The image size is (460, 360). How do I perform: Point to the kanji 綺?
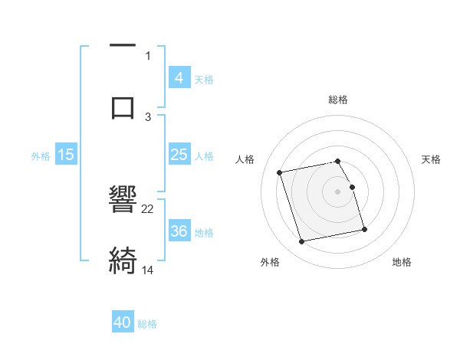click(x=123, y=260)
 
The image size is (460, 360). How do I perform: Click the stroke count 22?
click(x=148, y=208)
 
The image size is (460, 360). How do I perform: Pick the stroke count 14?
click(x=148, y=270)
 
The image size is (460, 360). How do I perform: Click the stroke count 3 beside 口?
click(x=148, y=116)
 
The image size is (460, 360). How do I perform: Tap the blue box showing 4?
click(x=179, y=78)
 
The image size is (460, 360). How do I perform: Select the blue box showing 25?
click(x=179, y=155)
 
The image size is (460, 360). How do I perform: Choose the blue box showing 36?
click(x=179, y=231)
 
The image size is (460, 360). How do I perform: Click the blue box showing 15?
click(x=65, y=155)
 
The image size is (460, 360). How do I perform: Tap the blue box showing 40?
click(x=123, y=322)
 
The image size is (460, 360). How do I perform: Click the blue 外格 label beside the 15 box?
click(x=41, y=155)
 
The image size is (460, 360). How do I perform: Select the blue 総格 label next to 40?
click(x=147, y=324)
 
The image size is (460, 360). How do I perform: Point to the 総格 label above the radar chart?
click(x=338, y=100)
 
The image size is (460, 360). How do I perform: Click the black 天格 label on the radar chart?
click(x=431, y=159)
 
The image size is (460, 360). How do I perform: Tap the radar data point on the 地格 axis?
click(x=364, y=229)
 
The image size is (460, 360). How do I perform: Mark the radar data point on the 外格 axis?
click(x=302, y=242)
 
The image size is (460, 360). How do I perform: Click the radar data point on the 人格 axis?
click(x=279, y=172)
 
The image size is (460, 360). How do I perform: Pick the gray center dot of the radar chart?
click(x=338, y=191)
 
